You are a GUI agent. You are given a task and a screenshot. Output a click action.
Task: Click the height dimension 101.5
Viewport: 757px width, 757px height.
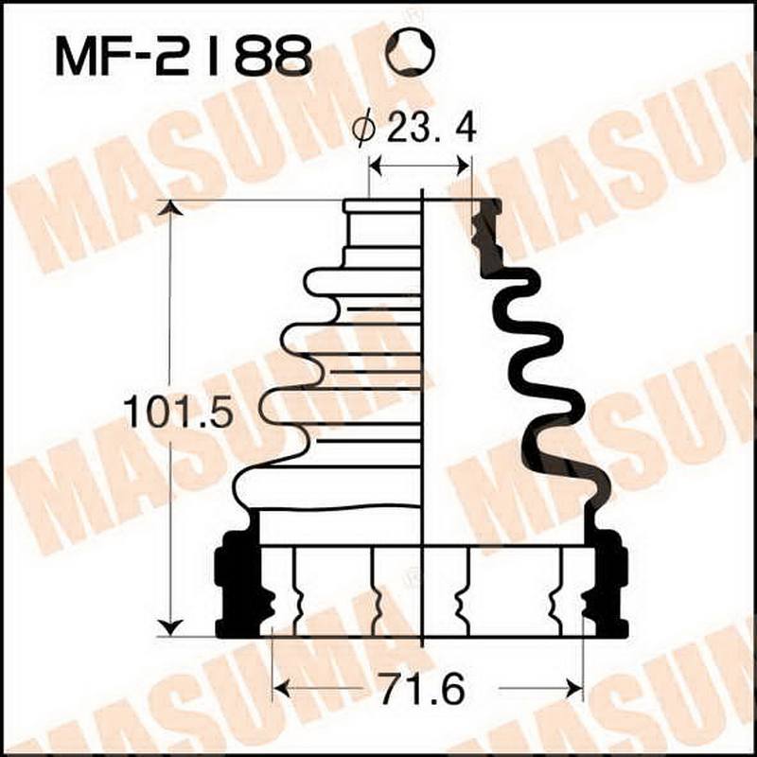coord(178,413)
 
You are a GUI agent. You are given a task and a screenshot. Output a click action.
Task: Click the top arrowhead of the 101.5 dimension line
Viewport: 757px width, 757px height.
coord(170,208)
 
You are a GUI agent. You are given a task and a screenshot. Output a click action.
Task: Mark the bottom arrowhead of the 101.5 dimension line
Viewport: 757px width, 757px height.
coord(170,626)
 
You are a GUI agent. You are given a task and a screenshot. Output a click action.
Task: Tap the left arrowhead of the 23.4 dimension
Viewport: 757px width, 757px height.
coord(375,167)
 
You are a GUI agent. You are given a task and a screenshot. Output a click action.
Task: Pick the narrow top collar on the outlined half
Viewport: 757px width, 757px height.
coord(382,206)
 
